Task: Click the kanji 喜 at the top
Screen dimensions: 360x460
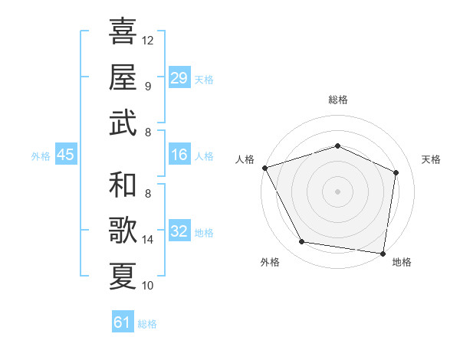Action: pos(123,31)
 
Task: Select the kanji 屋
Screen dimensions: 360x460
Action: pos(123,77)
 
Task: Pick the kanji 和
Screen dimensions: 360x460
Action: pos(123,185)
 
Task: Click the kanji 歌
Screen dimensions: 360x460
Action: pos(123,231)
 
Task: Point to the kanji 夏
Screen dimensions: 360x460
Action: pos(123,276)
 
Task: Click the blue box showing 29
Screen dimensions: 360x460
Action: pos(179,78)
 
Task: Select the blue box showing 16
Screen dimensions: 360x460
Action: pos(179,155)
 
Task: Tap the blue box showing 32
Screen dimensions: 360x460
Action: pos(179,232)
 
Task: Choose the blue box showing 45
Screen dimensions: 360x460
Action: pos(66,155)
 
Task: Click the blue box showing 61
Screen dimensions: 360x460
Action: pos(123,322)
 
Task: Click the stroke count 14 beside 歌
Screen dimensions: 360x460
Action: pos(148,240)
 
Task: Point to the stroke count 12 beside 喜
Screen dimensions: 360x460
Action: pos(148,40)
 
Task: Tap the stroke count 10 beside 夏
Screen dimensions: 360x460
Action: pos(148,286)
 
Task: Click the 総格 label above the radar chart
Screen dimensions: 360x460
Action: pos(338,100)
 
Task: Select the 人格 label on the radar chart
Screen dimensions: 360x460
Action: pos(245,159)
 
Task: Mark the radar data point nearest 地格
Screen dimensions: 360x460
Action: pos(383,253)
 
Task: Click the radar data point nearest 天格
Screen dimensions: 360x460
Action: pos(396,172)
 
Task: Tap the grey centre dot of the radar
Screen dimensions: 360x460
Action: pos(337,191)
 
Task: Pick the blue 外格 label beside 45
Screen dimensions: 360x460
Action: pos(41,156)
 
